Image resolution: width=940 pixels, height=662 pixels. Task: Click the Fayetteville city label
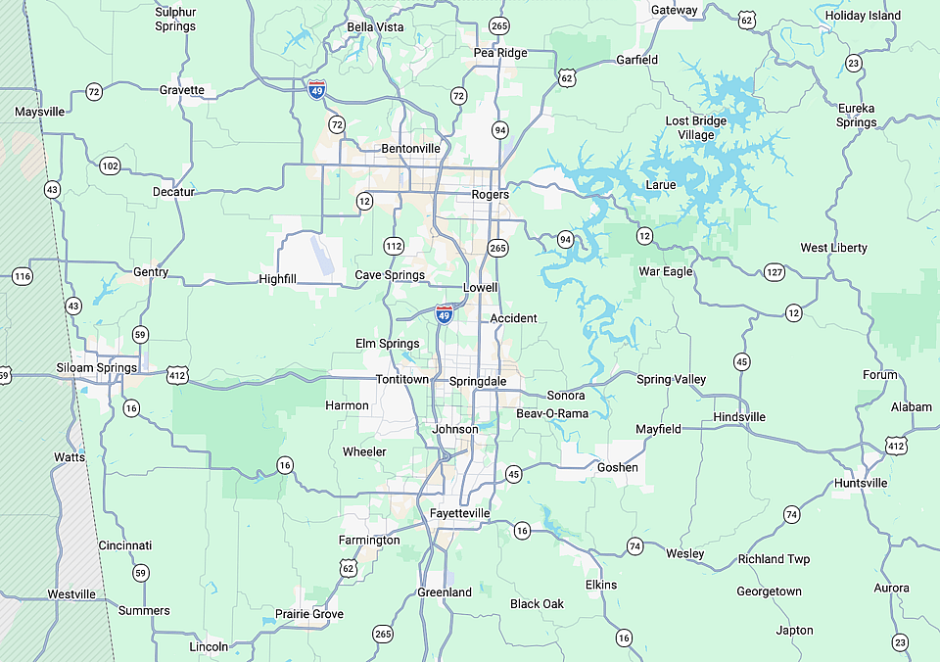459,513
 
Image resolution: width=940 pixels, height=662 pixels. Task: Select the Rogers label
490,194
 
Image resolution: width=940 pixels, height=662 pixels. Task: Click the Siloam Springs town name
95,368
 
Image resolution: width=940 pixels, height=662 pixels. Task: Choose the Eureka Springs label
857,115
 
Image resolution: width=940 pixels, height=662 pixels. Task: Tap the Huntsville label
861,483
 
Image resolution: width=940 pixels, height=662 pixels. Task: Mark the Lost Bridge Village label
696,127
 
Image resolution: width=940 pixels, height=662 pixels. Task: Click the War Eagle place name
666,271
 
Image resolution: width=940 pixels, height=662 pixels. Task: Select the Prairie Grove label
308,614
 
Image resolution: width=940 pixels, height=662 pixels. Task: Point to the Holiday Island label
863,15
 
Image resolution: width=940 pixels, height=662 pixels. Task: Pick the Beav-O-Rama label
552,414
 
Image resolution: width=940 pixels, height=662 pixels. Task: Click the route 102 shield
110,166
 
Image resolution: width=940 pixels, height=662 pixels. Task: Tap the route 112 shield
394,246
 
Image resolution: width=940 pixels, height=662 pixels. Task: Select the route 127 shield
775,272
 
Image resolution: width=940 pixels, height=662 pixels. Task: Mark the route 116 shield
23,276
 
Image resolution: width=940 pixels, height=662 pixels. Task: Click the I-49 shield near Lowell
445,314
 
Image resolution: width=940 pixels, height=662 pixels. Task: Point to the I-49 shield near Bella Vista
316,90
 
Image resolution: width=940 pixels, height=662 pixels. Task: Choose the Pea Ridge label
500,53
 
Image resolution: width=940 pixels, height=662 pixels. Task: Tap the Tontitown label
402,379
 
